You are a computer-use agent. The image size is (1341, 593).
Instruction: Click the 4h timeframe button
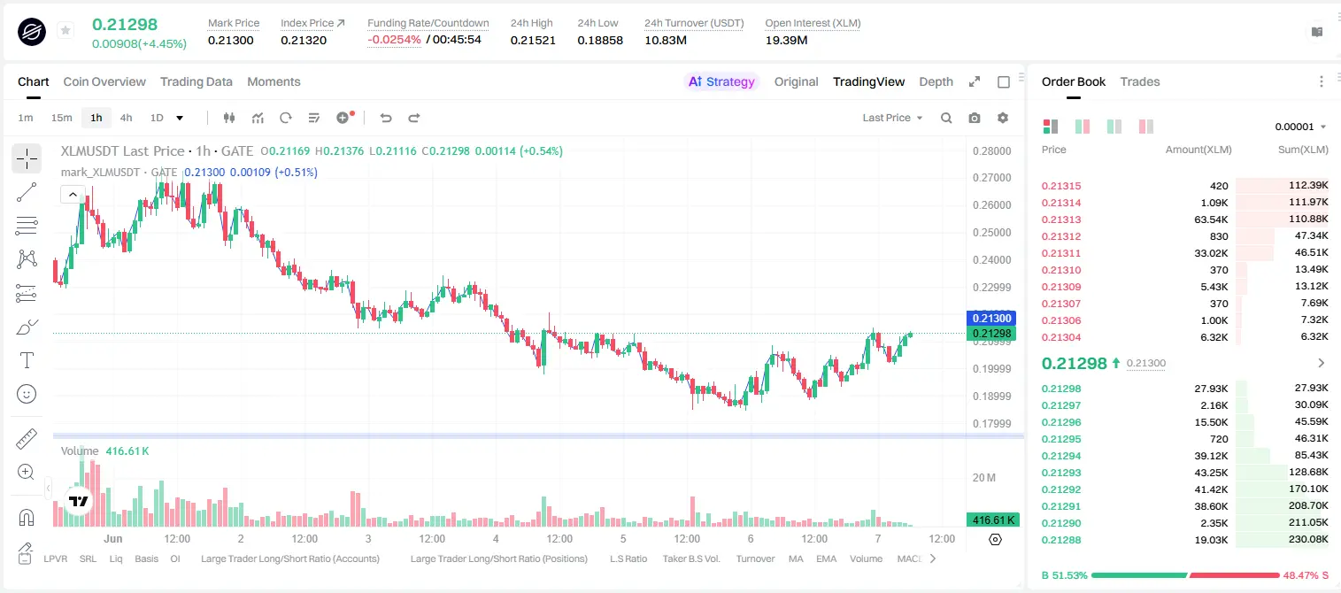(x=126, y=118)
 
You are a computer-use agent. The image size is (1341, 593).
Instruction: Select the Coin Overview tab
(x=104, y=81)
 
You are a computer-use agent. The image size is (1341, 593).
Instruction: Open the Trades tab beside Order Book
(x=1140, y=81)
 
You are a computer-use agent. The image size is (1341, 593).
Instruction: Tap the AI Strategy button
(x=721, y=81)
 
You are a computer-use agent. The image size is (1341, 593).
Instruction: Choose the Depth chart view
(x=936, y=81)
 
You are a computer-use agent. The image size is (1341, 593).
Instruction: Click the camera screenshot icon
(x=975, y=118)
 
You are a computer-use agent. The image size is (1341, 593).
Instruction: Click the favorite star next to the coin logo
(x=66, y=30)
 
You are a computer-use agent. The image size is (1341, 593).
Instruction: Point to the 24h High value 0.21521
(x=533, y=40)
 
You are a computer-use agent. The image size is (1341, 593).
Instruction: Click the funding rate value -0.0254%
(x=394, y=40)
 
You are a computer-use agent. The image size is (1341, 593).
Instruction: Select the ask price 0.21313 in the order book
(x=1061, y=219)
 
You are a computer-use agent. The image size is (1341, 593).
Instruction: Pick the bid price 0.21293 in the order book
(x=1061, y=472)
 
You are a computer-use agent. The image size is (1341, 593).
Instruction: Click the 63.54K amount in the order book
(x=1211, y=219)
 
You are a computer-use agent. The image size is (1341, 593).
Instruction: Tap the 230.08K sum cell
(x=1308, y=539)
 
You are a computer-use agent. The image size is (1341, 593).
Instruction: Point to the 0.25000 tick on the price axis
(x=992, y=232)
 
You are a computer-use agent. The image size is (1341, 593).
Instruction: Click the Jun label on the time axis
(x=112, y=538)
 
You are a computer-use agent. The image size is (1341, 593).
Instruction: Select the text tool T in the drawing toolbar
(x=27, y=360)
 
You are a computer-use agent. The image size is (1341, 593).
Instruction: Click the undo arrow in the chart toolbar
(x=386, y=118)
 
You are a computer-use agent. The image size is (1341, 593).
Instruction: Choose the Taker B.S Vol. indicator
(x=690, y=558)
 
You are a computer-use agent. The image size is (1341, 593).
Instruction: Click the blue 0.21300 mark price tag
(x=991, y=318)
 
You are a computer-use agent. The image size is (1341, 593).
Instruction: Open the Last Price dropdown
(x=892, y=118)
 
